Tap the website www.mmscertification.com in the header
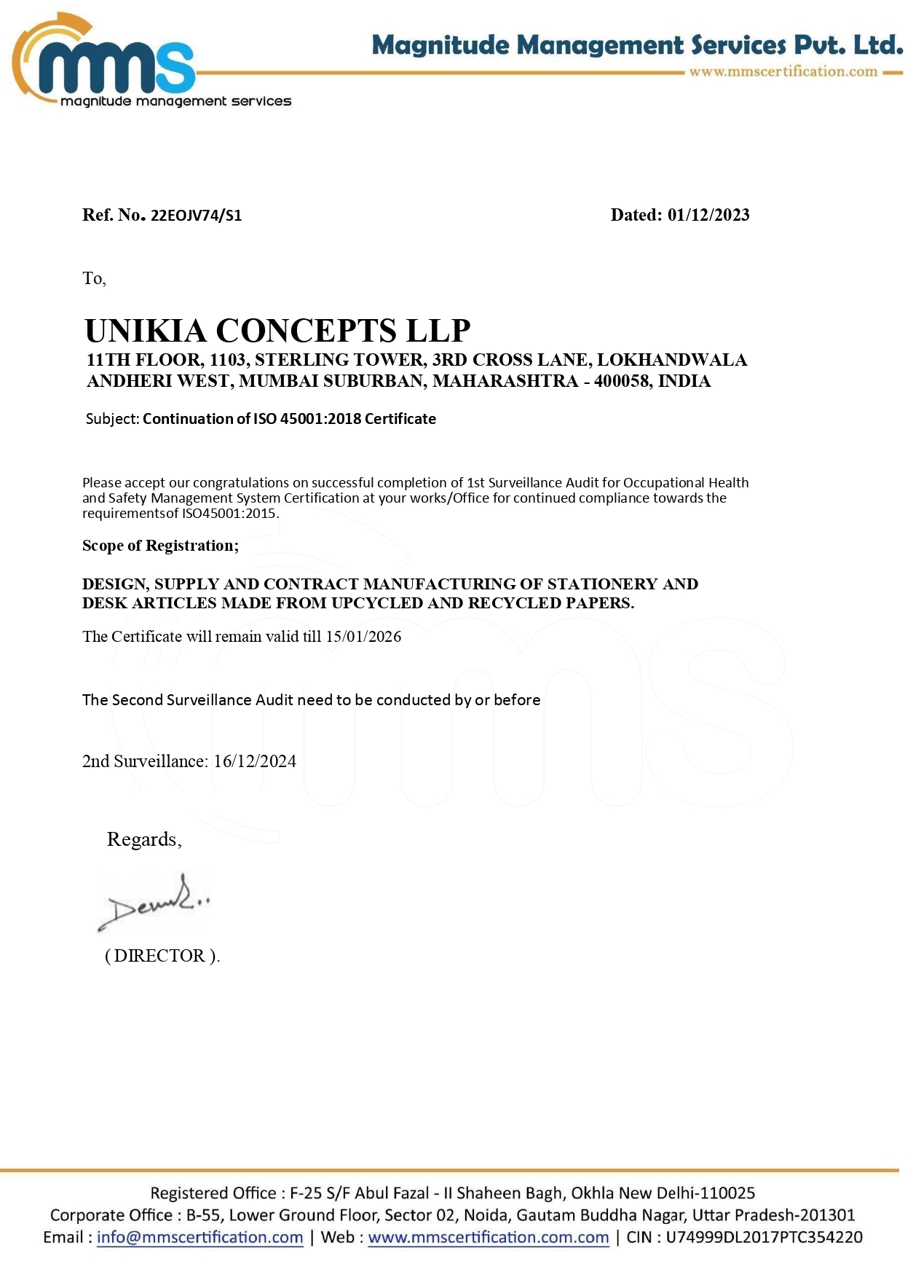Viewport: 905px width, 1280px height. (x=783, y=71)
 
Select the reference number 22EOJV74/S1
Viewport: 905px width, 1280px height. (x=196, y=216)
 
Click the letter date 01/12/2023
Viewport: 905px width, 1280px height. (x=708, y=215)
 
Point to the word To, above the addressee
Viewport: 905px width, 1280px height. (x=94, y=278)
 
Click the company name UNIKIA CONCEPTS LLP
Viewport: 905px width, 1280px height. (x=277, y=331)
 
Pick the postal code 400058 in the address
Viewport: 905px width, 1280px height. (x=623, y=381)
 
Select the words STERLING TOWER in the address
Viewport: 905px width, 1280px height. (x=339, y=360)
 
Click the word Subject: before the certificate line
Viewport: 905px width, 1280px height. (x=112, y=419)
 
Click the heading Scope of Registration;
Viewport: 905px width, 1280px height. (x=160, y=546)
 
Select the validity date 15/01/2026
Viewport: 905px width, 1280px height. (x=363, y=637)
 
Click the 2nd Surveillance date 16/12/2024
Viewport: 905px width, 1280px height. (x=255, y=761)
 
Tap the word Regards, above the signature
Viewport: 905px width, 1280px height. (x=144, y=840)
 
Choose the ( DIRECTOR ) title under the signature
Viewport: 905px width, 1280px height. (x=162, y=956)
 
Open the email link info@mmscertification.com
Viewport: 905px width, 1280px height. (x=199, y=1238)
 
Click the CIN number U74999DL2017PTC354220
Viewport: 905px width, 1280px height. (x=764, y=1238)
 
